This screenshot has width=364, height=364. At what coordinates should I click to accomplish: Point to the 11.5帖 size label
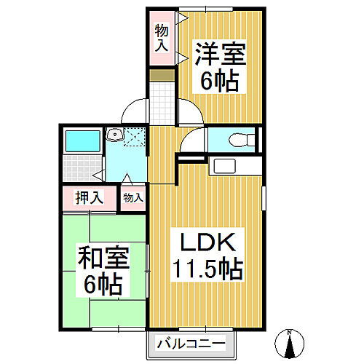(x=206, y=270)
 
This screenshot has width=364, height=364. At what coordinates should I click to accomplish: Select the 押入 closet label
(x=88, y=197)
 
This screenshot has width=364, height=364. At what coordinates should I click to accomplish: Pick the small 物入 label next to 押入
(x=132, y=197)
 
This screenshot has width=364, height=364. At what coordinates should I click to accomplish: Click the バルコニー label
(x=194, y=343)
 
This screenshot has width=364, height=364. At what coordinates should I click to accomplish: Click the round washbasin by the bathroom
(x=114, y=135)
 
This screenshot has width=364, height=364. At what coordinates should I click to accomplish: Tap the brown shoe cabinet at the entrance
(x=162, y=74)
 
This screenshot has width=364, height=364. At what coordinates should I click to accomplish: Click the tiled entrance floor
(x=162, y=98)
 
